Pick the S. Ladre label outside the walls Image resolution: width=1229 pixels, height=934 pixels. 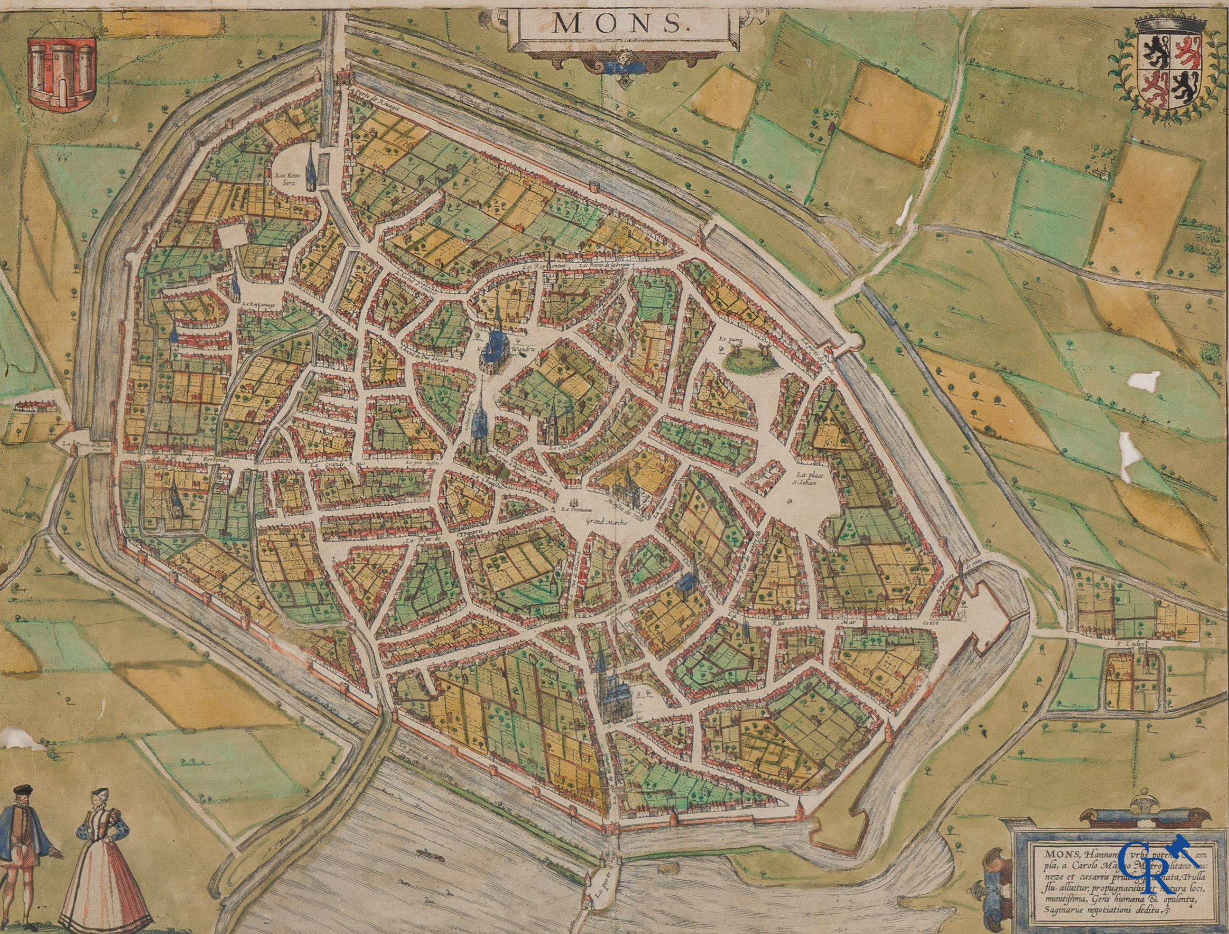point(1125,643)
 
